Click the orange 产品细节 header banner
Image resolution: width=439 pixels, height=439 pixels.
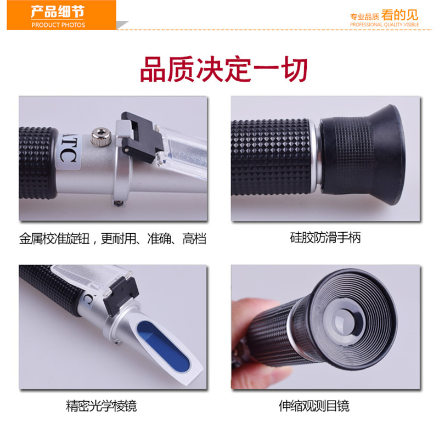click(x=61, y=15)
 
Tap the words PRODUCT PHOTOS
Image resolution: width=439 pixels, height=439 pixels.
click(x=59, y=25)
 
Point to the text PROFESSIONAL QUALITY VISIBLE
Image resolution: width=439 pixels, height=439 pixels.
click(x=384, y=25)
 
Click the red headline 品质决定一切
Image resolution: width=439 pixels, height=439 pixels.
click(x=223, y=70)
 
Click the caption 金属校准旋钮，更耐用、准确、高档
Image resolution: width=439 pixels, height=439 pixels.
click(x=112, y=239)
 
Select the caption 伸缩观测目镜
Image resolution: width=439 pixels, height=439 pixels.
click(x=314, y=406)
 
